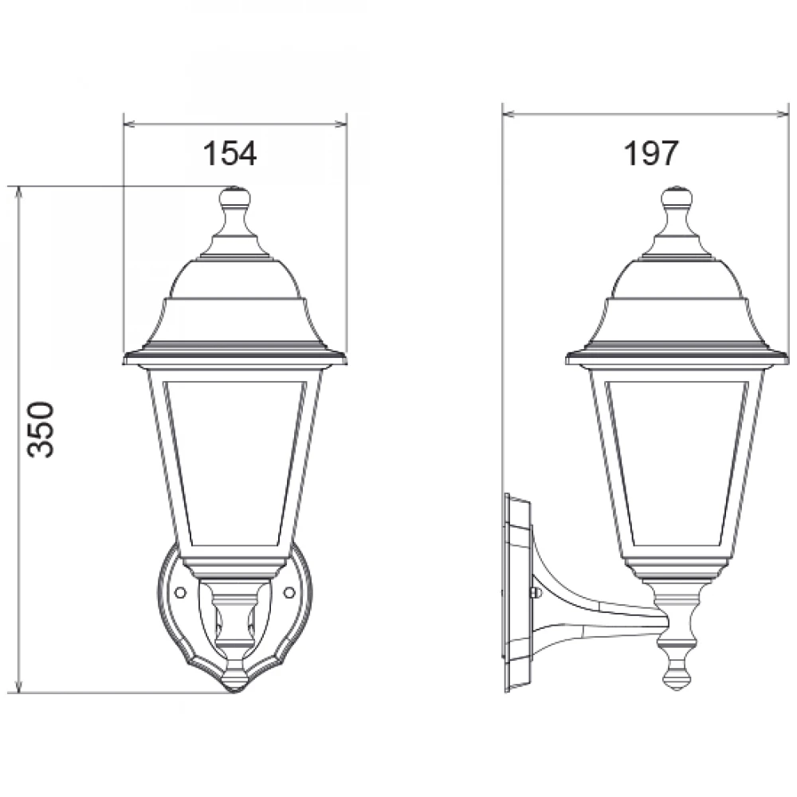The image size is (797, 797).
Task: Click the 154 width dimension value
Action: pyautogui.click(x=230, y=153)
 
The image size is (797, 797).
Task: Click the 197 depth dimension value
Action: pyautogui.click(x=650, y=153)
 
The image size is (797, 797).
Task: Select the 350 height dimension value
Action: pyautogui.click(x=41, y=430)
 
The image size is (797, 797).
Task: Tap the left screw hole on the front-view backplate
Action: pyautogui.click(x=179, y=592)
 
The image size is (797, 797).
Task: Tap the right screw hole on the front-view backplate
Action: pyautogui.click(x=289, y=592)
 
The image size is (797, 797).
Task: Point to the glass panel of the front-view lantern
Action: pyautogui.click(x=235, y=462)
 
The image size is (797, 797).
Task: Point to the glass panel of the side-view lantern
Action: pyautogui.click(x=677, y=462)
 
